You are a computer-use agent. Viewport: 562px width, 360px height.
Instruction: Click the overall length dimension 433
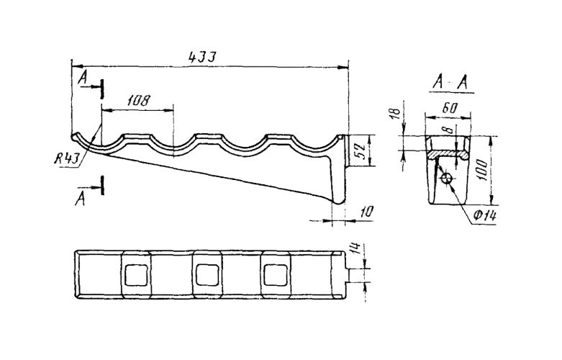point(202,57)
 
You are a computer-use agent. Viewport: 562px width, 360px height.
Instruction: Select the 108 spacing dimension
point(139,101)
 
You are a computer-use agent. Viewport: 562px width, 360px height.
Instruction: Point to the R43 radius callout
point(66,158)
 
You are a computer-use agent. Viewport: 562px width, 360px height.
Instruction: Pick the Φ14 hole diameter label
point(484,215)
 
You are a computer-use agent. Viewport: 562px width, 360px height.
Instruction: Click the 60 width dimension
point(450,108)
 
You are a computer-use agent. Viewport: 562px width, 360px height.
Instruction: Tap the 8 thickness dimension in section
point(450,129)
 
